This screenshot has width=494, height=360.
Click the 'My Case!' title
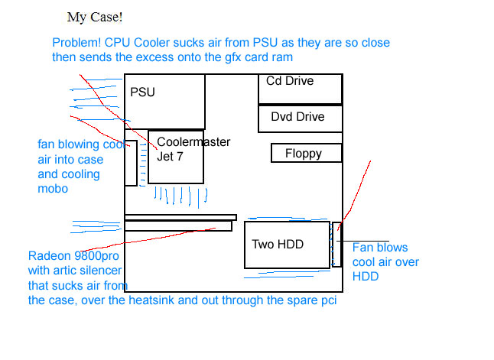(95, 17)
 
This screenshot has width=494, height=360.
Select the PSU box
(167, 102)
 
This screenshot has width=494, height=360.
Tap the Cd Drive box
(300, 89)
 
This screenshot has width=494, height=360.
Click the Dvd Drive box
(300, 117)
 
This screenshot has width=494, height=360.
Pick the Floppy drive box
(305, 153)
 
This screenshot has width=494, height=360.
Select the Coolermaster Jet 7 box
(176, 157)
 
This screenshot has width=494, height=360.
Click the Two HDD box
(287, 245)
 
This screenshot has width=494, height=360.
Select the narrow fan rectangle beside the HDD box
(336, 245)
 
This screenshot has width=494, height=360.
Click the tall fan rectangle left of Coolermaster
(131, 163)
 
